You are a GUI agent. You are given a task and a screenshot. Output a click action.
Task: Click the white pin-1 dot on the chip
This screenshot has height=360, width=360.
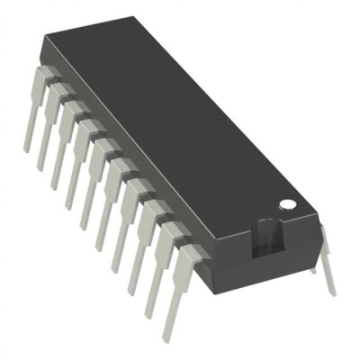click(x=287, y=205)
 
